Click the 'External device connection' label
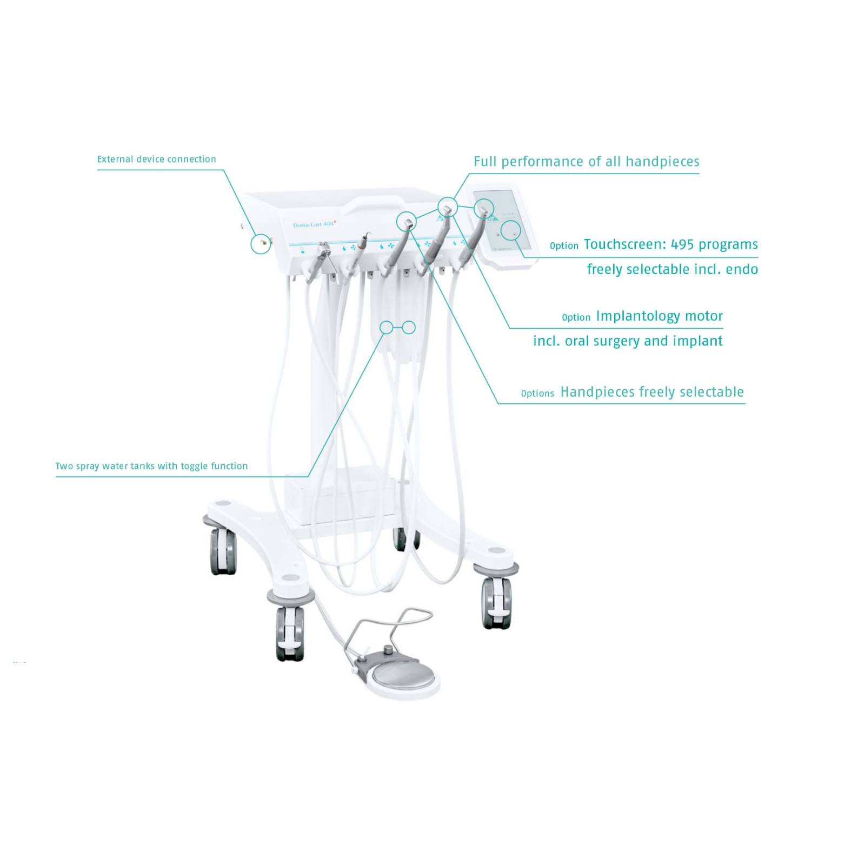pos(156,159)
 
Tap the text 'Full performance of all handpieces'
pos(587,162)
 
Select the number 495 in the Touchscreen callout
pos(682,244)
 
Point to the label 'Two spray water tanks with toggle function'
pos(151,466)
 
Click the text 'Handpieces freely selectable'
pos(652,392)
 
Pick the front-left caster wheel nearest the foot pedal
pos(289,633)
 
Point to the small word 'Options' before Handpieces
pos(537,394)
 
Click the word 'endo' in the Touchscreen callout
pos(742,269)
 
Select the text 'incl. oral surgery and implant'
pos(628,341)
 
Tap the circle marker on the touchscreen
pos(510,231)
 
